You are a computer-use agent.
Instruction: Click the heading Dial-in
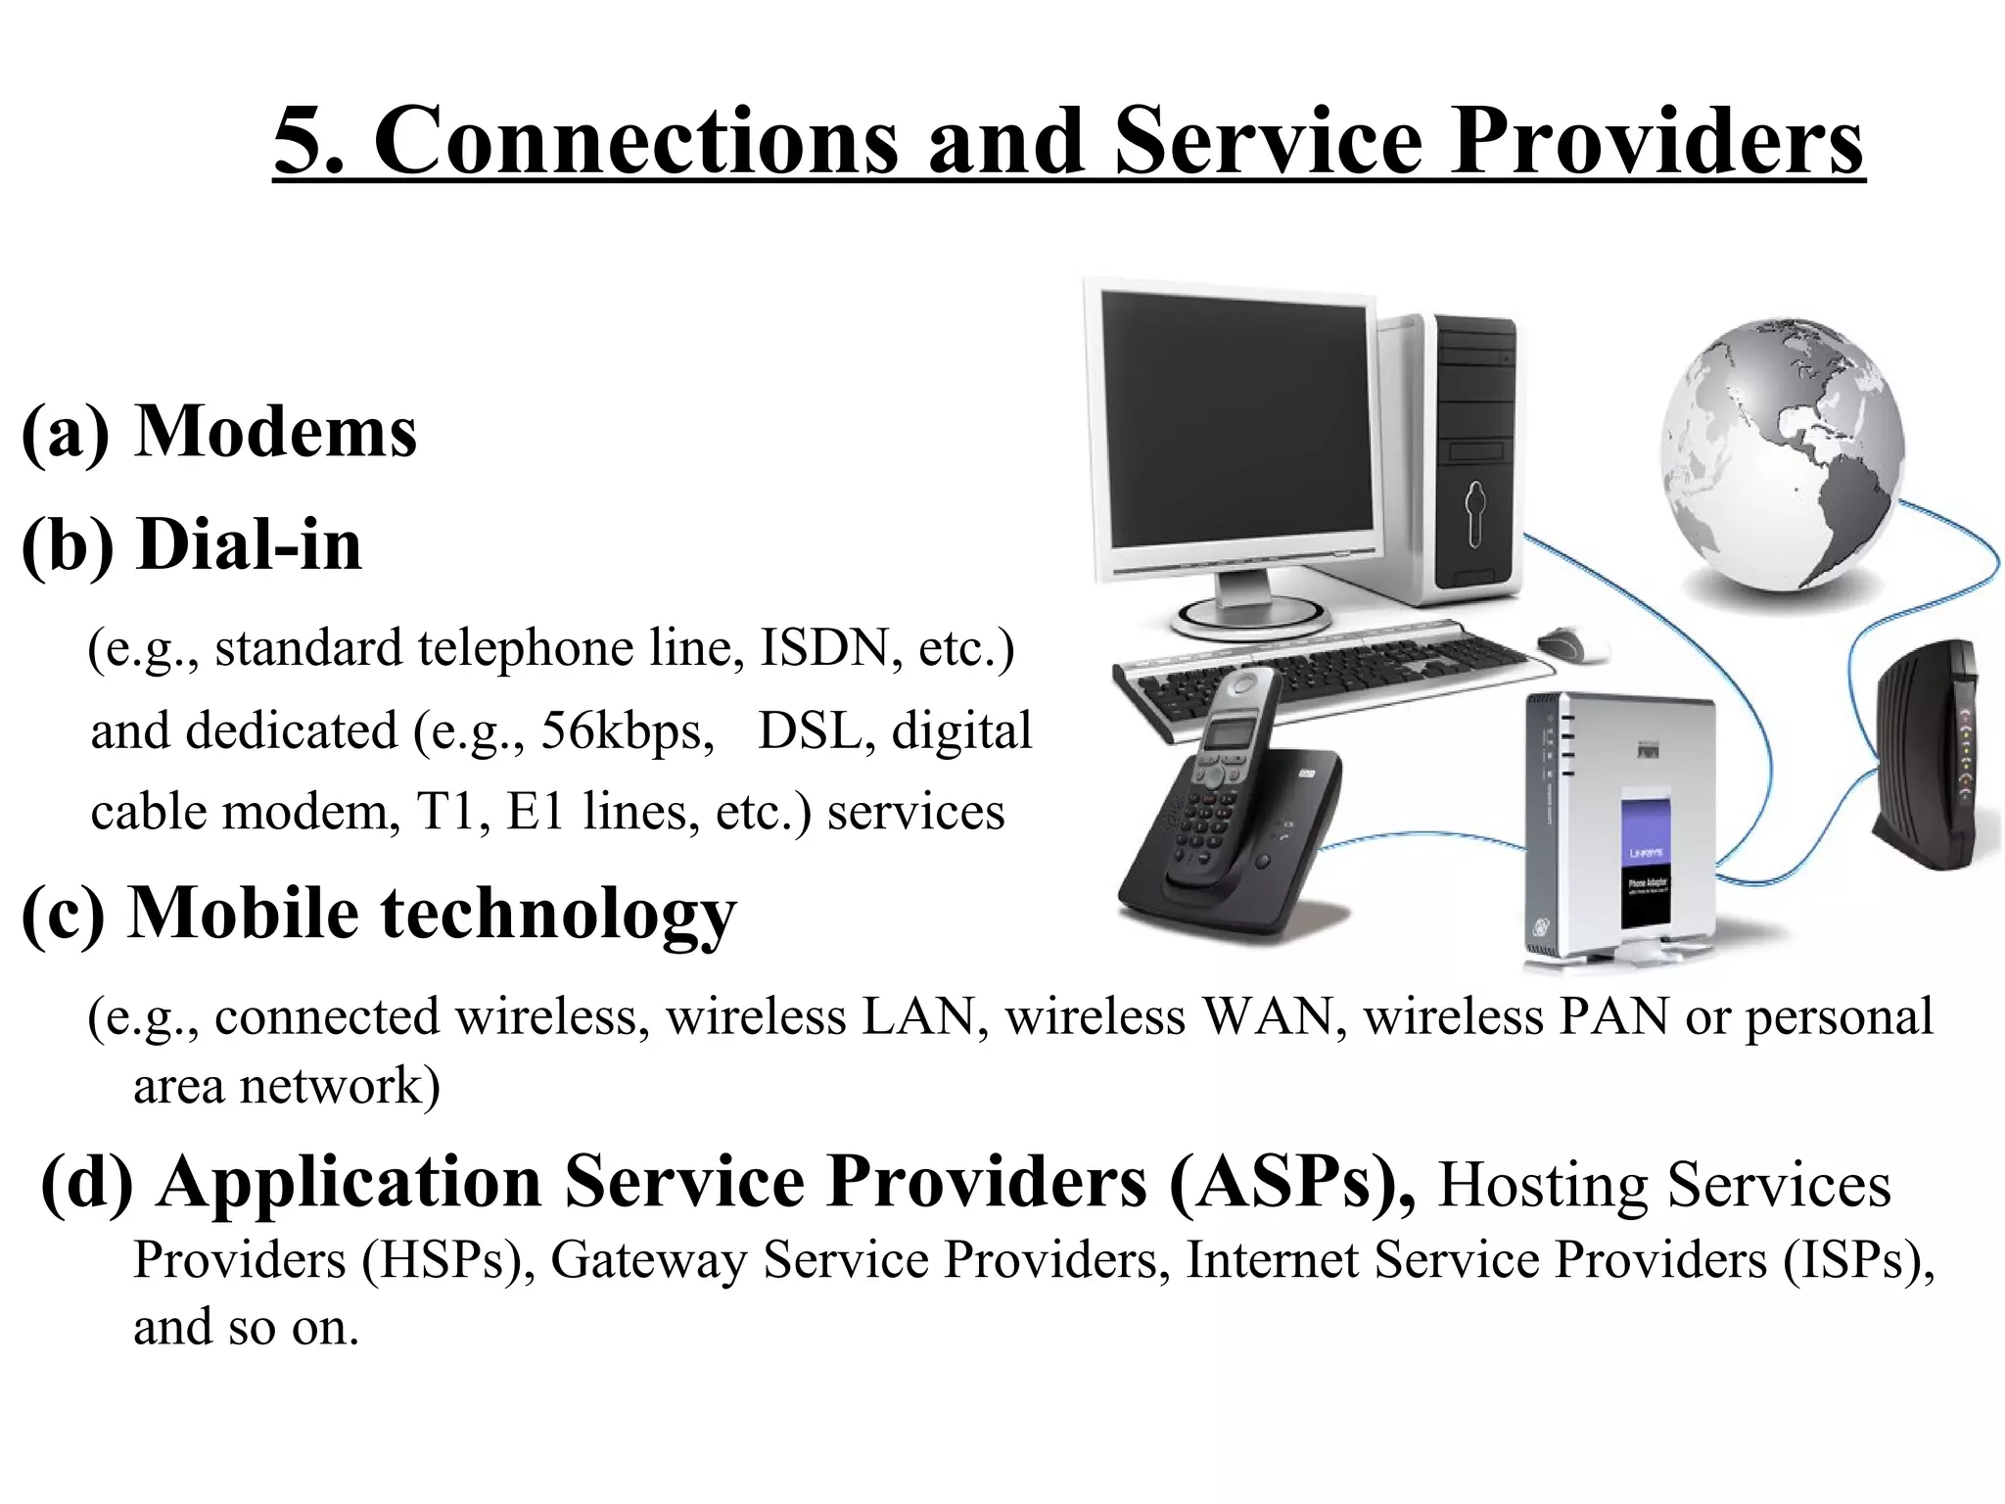[250, 544]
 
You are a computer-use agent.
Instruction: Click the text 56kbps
[628, 730]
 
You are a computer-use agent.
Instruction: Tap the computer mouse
[1572, 643]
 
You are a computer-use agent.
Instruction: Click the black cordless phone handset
[1224, 774]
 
